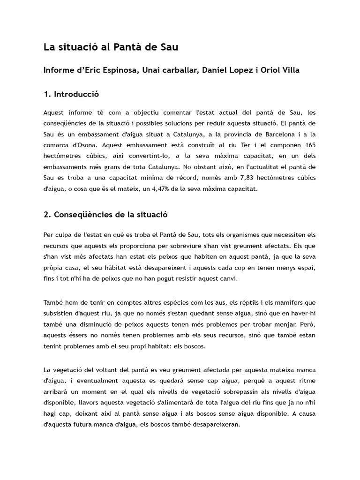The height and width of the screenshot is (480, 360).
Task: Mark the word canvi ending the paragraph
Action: coord(228,279)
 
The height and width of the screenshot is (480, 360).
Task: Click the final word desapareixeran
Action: coord(217,426)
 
